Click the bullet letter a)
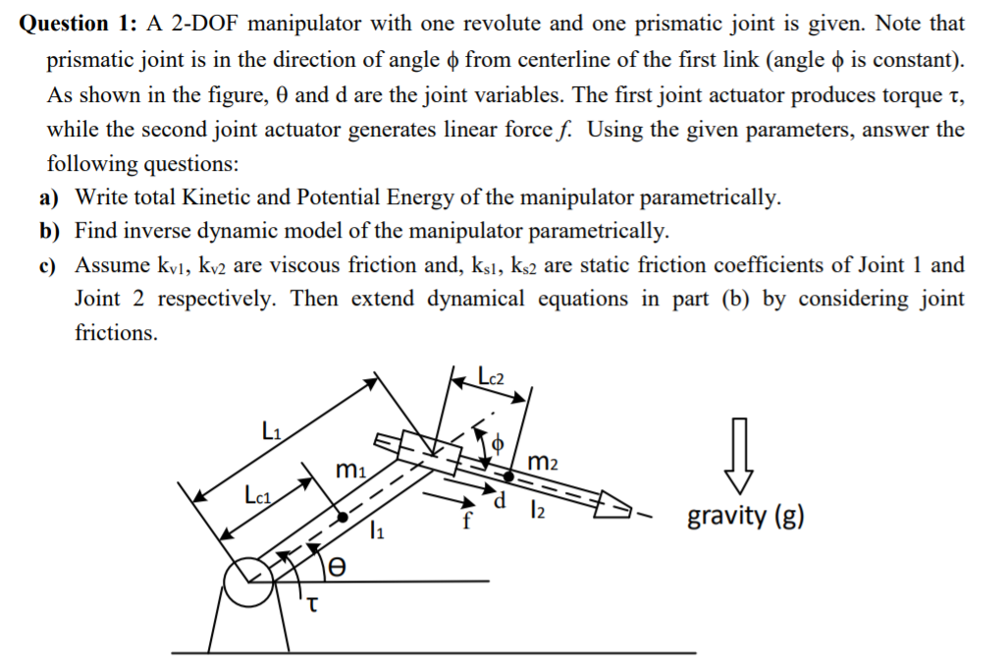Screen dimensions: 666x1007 click(x=51, y=197)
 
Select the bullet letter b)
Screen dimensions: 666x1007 click(x=51, y=232)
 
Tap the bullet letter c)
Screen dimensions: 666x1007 click(x=51, y=265)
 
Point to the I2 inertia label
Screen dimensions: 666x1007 click(x=536, y=511)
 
